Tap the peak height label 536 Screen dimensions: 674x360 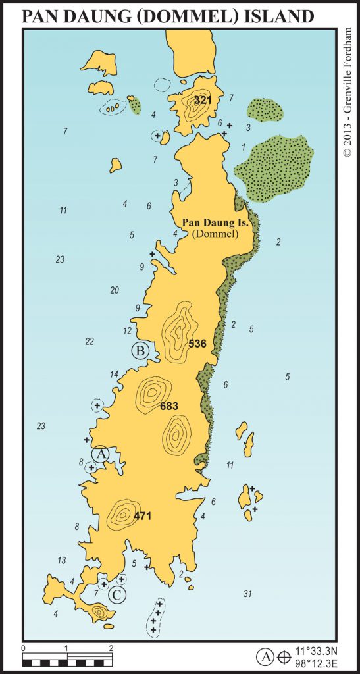tap(197, 343)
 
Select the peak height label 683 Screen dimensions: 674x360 tap(170, 406)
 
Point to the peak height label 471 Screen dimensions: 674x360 tap(142, 516)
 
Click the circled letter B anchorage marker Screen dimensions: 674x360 tap(140, 351)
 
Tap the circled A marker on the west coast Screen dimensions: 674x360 tap(100, 454)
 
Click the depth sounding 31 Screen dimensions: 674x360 tap(247, 594)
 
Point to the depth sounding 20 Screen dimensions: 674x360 tap(115, 290)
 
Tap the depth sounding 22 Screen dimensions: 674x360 tap(90, 341)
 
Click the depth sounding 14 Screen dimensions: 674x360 tap(114, 375)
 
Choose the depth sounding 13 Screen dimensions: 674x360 tap(62, 560)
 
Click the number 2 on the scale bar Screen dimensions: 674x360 tap(111, 649)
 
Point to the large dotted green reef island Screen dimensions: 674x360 tap(272, 167)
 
